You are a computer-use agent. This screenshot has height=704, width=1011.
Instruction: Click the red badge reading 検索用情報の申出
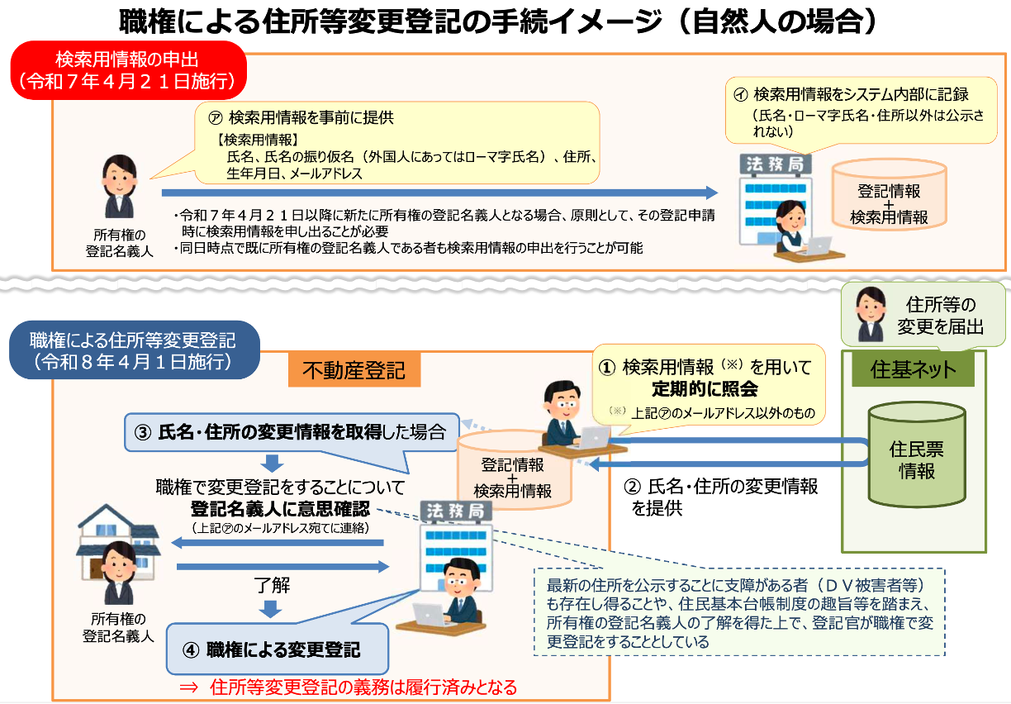tap(128, 70)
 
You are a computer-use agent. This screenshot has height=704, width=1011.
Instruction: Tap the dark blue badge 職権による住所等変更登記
tap(134, 350)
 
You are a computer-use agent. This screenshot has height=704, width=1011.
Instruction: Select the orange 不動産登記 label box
tap(354, 370)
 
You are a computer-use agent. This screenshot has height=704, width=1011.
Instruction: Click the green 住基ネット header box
tap(913, 369)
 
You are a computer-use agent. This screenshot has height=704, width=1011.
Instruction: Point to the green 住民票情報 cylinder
tap(917, 454)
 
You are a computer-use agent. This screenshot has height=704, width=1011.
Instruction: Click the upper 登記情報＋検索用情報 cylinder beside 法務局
tap(889, 195)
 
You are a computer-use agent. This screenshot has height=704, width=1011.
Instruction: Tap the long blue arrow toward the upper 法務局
tap(439, 193)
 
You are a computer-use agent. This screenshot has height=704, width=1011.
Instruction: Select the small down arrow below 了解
tap(271, 609)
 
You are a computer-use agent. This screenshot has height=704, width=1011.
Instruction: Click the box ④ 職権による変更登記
tap(278, 649)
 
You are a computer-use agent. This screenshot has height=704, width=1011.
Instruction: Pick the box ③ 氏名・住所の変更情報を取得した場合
tap(292, 432)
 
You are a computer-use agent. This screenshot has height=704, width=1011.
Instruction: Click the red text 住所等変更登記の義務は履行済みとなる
tap(363, 687)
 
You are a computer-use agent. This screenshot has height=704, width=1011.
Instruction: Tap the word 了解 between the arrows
tap(272, 585)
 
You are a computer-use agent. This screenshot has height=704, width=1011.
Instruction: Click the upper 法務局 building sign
tap(775, 164)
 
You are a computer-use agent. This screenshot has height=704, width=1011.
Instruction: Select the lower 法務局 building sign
tap(455, 511)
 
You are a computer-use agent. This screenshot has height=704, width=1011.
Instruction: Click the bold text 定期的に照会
tap(705, 389)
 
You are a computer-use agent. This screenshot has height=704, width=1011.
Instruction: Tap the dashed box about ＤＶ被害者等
tap(739, 612)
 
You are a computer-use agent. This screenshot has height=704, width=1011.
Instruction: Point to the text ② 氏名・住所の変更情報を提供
tap(721, 497)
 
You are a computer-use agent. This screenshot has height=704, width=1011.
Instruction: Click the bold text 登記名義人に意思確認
tap(280, 508)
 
